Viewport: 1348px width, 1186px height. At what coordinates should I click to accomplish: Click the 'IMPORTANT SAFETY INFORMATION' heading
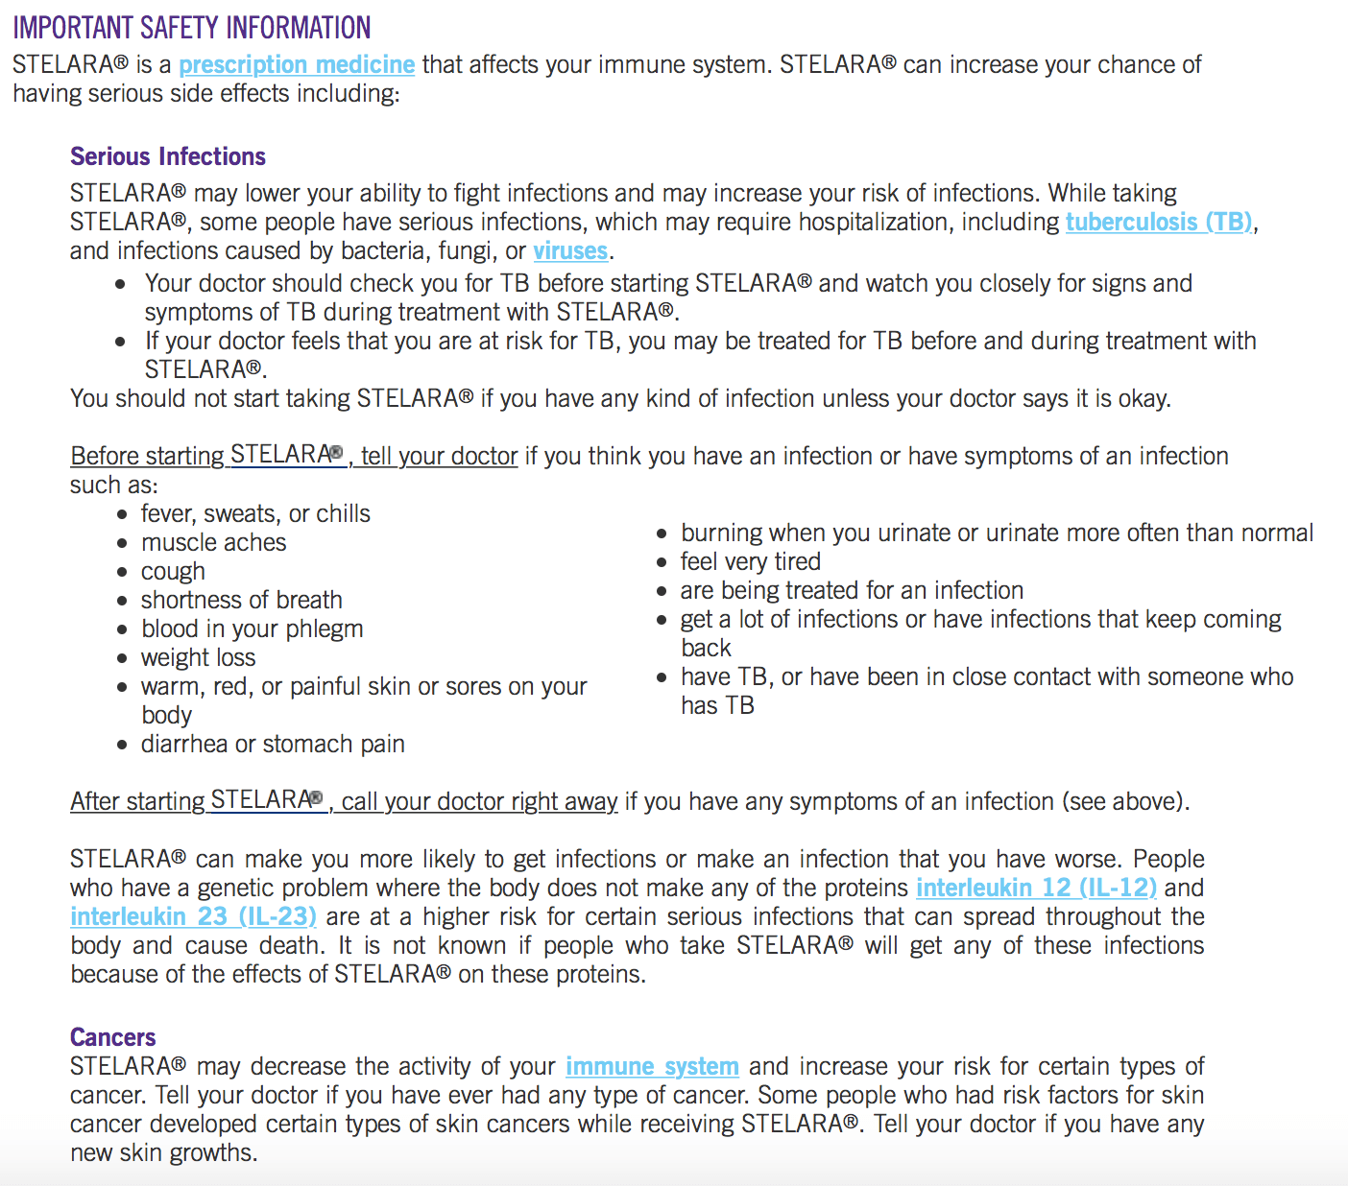pos(192,28)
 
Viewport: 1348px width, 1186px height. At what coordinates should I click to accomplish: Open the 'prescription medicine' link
pos(297,64)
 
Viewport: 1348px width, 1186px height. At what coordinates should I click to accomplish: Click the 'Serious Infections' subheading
pos(168,156)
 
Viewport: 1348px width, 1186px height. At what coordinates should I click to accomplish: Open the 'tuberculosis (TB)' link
pos(1159,222)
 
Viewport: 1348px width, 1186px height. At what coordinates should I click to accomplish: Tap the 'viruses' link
pos(570,250)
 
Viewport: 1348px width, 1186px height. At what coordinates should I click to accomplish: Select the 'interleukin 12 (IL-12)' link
pos(1036,888)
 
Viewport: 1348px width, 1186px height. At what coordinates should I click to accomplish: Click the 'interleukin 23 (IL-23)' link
pos(193,916)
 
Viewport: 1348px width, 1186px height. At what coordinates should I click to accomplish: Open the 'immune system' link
pos(652,1066)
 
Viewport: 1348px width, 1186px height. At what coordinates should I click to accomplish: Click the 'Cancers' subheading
pos(112,1037)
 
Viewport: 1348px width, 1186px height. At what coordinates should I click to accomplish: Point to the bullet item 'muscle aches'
pos(213,542)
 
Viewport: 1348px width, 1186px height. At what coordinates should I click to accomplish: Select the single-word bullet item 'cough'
pos(173,571)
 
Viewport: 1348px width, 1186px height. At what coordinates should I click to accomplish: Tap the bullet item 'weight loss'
pos(198,657)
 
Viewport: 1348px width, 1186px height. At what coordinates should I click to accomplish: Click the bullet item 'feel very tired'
pos(750,561)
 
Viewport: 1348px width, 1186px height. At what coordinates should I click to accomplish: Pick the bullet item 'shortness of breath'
pos(241,600)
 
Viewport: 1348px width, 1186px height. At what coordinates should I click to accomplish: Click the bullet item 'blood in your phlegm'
pos(252,629)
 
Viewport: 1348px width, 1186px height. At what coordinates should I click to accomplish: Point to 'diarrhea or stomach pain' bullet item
pos(273,744)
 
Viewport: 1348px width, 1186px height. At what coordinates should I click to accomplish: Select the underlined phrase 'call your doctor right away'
pos(479,801)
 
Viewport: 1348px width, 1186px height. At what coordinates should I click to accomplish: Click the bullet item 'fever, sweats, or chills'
pos(255,513)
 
